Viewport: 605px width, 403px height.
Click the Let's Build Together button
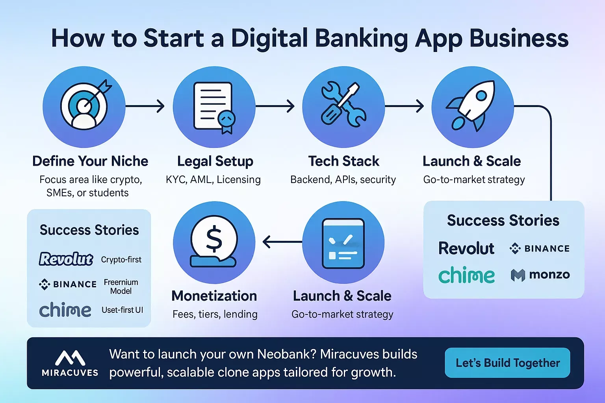point(507,363)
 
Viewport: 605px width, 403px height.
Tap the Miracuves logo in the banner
point(70,363)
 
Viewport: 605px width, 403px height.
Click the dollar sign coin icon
point(213,241)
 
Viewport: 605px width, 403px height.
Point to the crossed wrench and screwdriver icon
point(343,105)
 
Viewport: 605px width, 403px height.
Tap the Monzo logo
point(540,275)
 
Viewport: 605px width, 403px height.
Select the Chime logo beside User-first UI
point(65,310)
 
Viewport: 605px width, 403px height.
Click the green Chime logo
point(466,275)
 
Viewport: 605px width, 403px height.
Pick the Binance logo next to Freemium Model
point(67,284)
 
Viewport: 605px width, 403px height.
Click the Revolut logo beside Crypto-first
point(66,259)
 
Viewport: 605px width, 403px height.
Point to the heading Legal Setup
point(215,161)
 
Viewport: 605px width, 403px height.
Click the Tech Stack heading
point(343,161)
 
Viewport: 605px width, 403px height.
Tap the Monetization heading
point(214,296)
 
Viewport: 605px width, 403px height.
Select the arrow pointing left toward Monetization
point(282,242)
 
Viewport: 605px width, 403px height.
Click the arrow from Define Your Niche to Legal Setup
point(145,106)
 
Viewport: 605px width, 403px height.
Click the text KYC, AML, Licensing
point(213,180)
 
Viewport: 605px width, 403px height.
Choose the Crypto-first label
point(121,259)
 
